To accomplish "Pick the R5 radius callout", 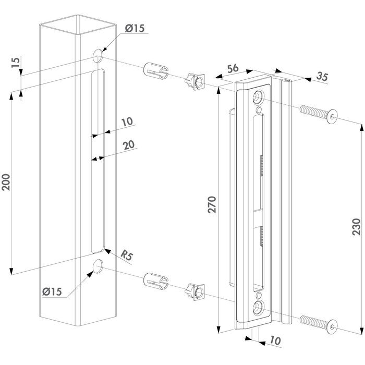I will [x=127, y=256].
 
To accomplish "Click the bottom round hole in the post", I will [x=97, y=267].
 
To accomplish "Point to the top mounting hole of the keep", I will [x=259, y=98].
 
